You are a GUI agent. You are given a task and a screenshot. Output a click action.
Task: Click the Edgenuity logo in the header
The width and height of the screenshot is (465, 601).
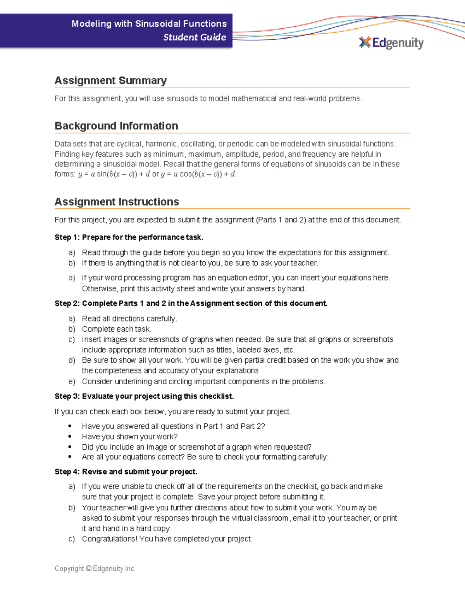coord(391,43)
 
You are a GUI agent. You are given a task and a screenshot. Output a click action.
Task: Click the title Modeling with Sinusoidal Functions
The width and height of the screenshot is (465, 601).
coord(149,24)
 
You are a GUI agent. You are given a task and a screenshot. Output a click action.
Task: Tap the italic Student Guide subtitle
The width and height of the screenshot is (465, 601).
coord(195,37)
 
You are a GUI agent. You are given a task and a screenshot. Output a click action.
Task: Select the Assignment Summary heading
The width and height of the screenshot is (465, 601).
coord(110,80)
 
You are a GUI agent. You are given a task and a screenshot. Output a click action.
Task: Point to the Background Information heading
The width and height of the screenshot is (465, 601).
coord(116,126)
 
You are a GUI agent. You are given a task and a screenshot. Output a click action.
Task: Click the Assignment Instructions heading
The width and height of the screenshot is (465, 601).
coord(117,202)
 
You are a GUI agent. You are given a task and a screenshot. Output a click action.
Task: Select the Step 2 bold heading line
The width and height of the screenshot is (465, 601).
coord(191,303)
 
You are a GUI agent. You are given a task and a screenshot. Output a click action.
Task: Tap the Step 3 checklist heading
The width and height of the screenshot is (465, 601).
coord(144,396)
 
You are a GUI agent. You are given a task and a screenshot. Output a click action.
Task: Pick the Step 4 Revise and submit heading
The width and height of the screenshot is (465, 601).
coord(126,472)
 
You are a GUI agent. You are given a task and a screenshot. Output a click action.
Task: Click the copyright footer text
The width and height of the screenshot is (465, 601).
coord(95,568)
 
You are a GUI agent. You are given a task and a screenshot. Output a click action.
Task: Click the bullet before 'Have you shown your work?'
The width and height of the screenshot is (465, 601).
coord(70,437)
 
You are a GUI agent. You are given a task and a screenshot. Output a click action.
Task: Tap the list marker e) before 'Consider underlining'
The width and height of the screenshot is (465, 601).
coord(72,382)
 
